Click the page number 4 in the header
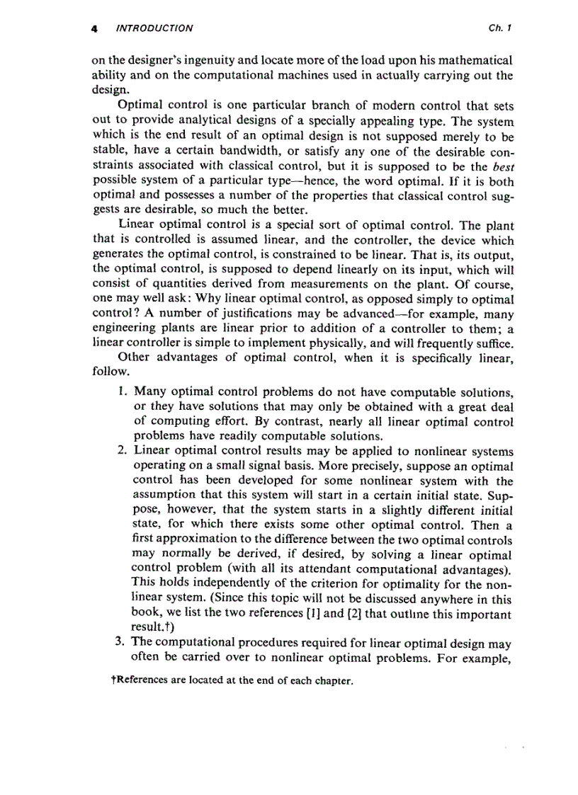(94, 29)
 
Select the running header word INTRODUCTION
(154, 29)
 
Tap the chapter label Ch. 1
(500, 29)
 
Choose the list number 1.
(121, 391)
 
